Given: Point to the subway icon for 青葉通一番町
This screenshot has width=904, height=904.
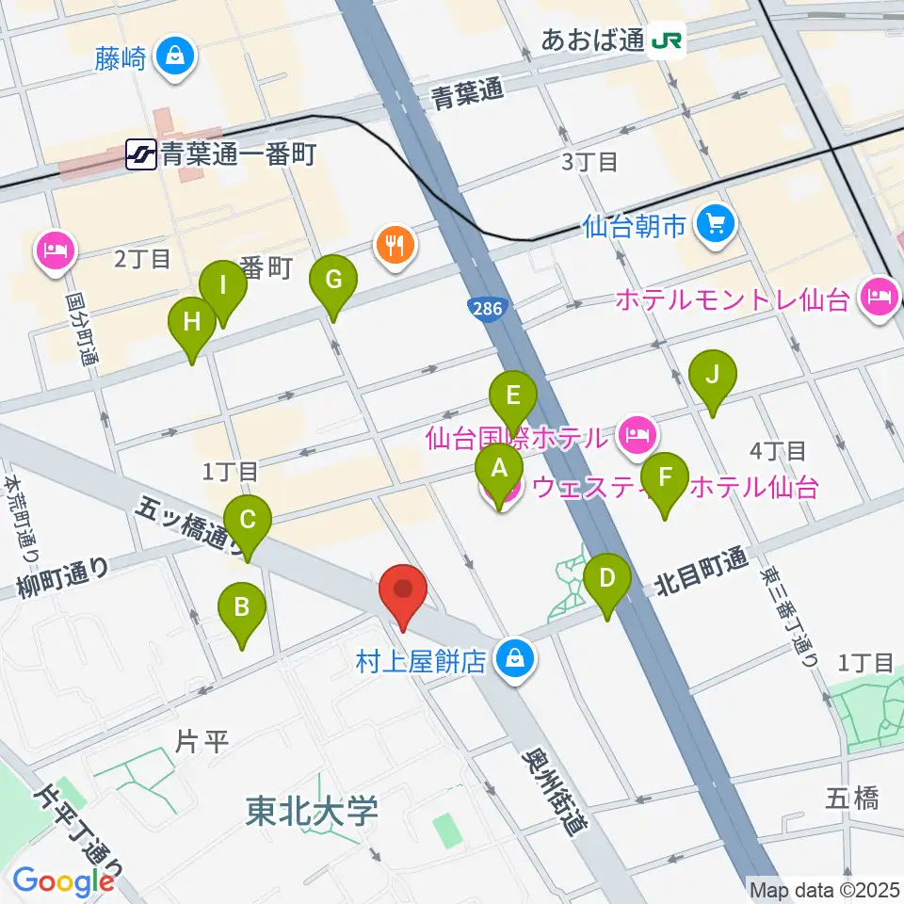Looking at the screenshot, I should pyautogui.click(x=141, y=154).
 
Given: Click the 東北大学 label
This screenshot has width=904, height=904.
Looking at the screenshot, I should pyautogui.click(x=312, y=809).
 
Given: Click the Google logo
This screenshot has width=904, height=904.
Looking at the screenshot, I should pyautogui.click(x=64, y=880).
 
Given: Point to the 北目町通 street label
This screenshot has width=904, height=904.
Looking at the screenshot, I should pyautogui.click(x=701, y=573).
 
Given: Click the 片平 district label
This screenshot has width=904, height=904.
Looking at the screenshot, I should pyautogui.click(x=202, y=741).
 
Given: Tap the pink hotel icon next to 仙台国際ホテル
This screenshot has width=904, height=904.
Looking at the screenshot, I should pyautogui.click(x=637, y=435).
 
